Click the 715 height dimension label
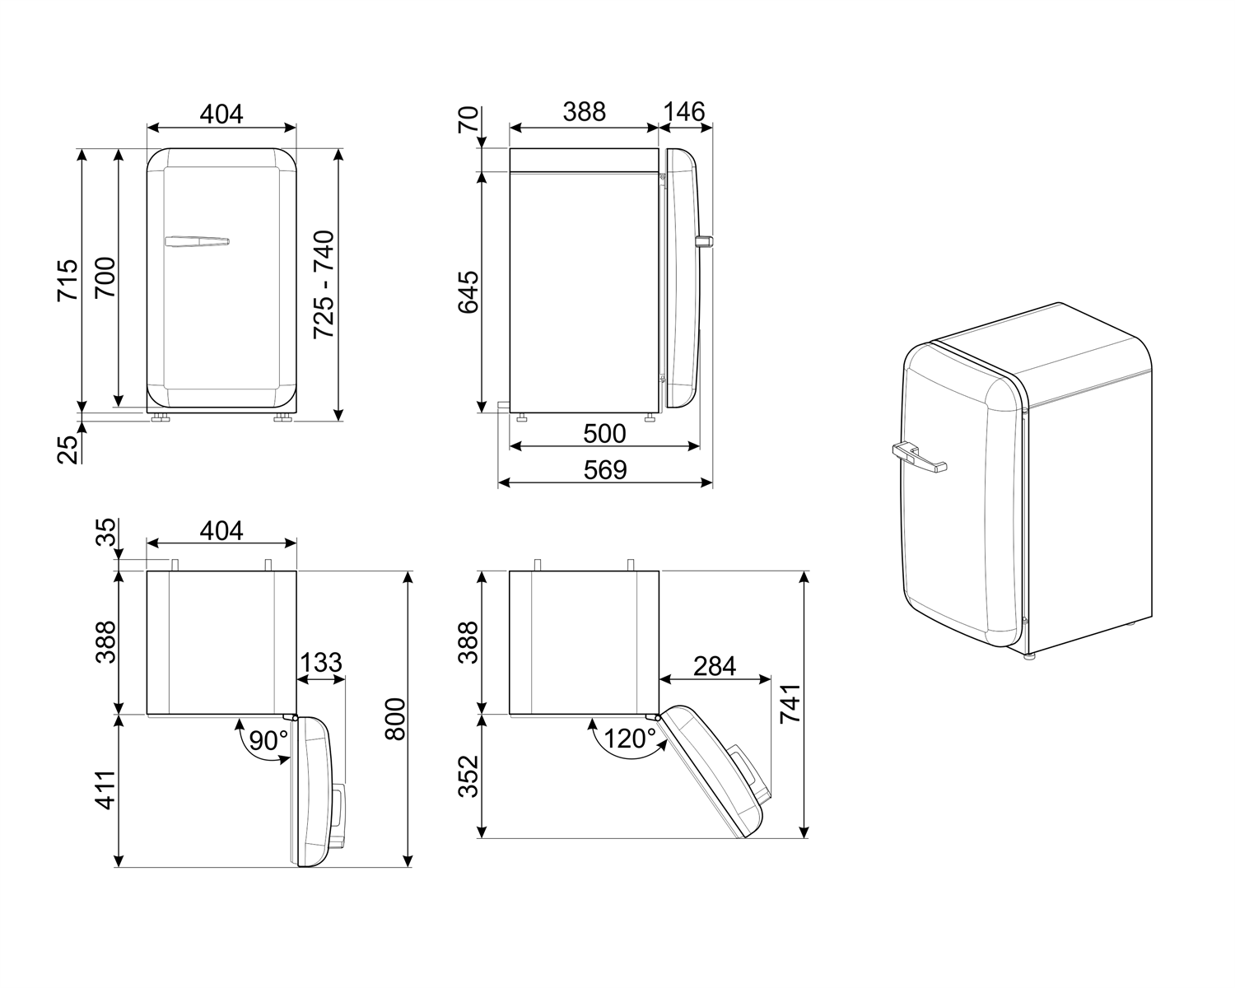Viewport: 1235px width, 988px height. click(68, 280)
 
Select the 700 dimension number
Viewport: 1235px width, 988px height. click(106, 280)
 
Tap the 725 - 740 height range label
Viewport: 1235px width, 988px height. click(324, 284)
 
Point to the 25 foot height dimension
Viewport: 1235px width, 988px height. click(68, 448)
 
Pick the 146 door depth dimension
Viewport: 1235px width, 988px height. click(684, 111)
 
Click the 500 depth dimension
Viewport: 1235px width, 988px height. click(604, 433)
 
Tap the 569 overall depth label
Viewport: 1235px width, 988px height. click(605, 469)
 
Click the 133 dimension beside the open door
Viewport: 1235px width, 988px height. click(320, 663)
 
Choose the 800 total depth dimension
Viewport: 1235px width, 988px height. click(395, 719)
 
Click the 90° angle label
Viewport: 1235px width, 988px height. click(268, 740)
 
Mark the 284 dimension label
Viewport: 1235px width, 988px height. click(714, 665)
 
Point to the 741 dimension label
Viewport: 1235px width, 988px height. click(790, 704)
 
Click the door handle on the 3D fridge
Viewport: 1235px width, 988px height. click(918, 456)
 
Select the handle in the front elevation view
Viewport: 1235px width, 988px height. click(197, 241)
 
